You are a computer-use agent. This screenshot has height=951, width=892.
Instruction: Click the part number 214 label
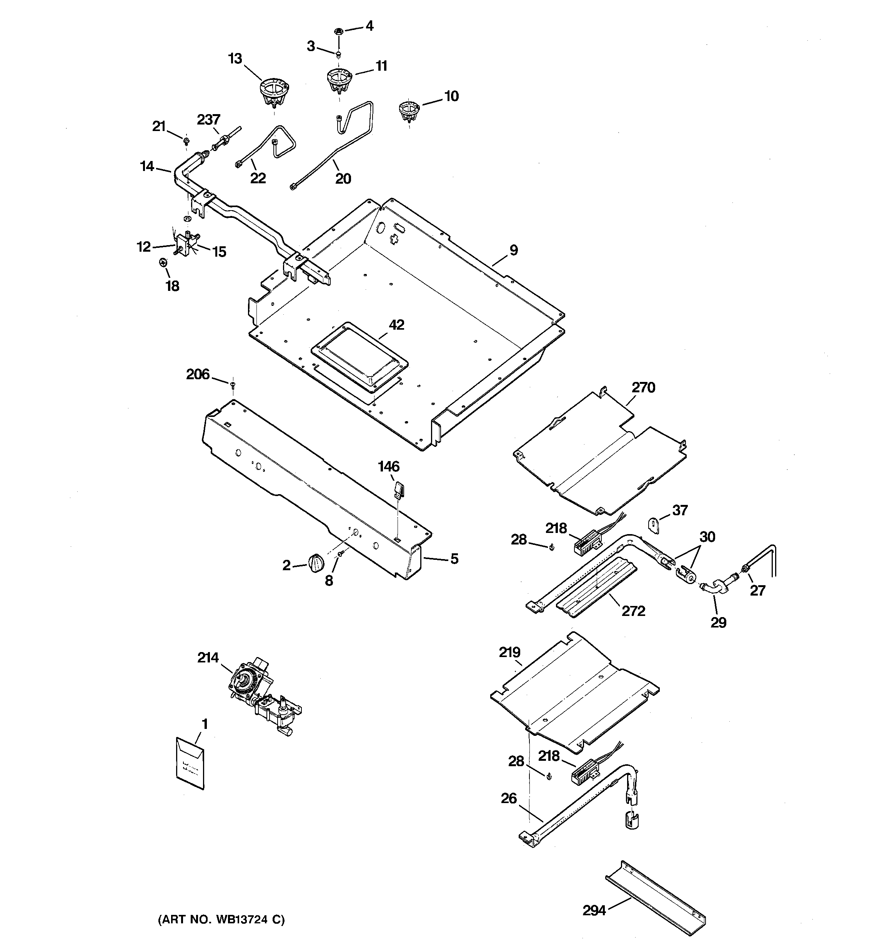(208, 658)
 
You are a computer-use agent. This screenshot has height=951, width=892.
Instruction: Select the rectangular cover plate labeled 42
(359, 355)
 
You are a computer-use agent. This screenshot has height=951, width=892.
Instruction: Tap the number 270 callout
(643, 387)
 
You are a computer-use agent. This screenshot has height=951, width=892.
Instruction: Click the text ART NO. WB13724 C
(221, 919)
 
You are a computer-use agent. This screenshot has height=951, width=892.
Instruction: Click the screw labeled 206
(233, 383)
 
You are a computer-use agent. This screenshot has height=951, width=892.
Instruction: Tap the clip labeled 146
(398, 490)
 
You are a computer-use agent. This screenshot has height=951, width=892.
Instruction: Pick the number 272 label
(633, 611)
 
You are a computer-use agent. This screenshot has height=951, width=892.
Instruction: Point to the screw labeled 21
(186, 140)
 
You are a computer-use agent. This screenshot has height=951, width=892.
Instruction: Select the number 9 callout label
(513, 250)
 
